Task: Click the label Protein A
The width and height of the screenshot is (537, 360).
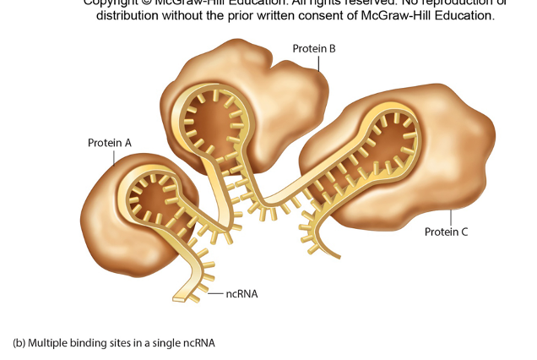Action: [110, 143]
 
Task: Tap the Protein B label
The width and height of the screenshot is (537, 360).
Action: [314, 49]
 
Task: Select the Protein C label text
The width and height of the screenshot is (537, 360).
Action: [446, 232]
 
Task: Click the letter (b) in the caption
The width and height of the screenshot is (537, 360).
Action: [19, 343]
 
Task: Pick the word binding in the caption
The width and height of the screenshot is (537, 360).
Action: [88, 343]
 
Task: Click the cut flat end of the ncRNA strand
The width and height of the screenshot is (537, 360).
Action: [179, 297]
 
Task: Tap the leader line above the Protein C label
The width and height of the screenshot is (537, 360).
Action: [451, 217]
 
